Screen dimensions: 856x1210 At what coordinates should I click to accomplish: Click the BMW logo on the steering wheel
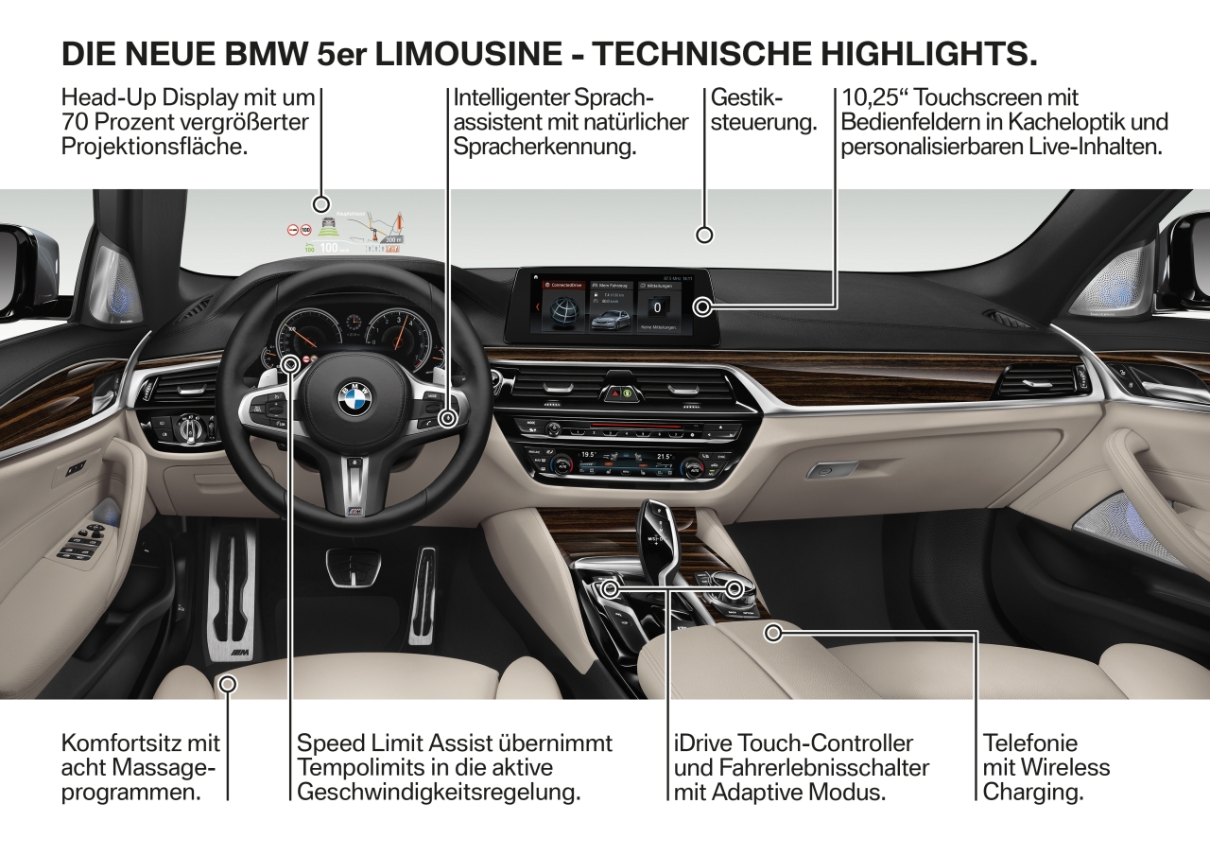pos(355,398)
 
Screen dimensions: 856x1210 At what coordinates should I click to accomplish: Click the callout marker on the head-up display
pos(321,203)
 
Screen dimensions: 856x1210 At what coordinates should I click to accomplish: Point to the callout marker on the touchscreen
pos(702,306)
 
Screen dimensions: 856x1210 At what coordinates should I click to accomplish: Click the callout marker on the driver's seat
pos(227,682)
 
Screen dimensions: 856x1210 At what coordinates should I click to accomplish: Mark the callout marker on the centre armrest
pos(773,633)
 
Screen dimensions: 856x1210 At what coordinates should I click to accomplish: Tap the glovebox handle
pos(820,470)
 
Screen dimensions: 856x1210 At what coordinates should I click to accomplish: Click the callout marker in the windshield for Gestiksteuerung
pos(703,235)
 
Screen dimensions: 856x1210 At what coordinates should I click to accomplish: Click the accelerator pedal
pos(423,596)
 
